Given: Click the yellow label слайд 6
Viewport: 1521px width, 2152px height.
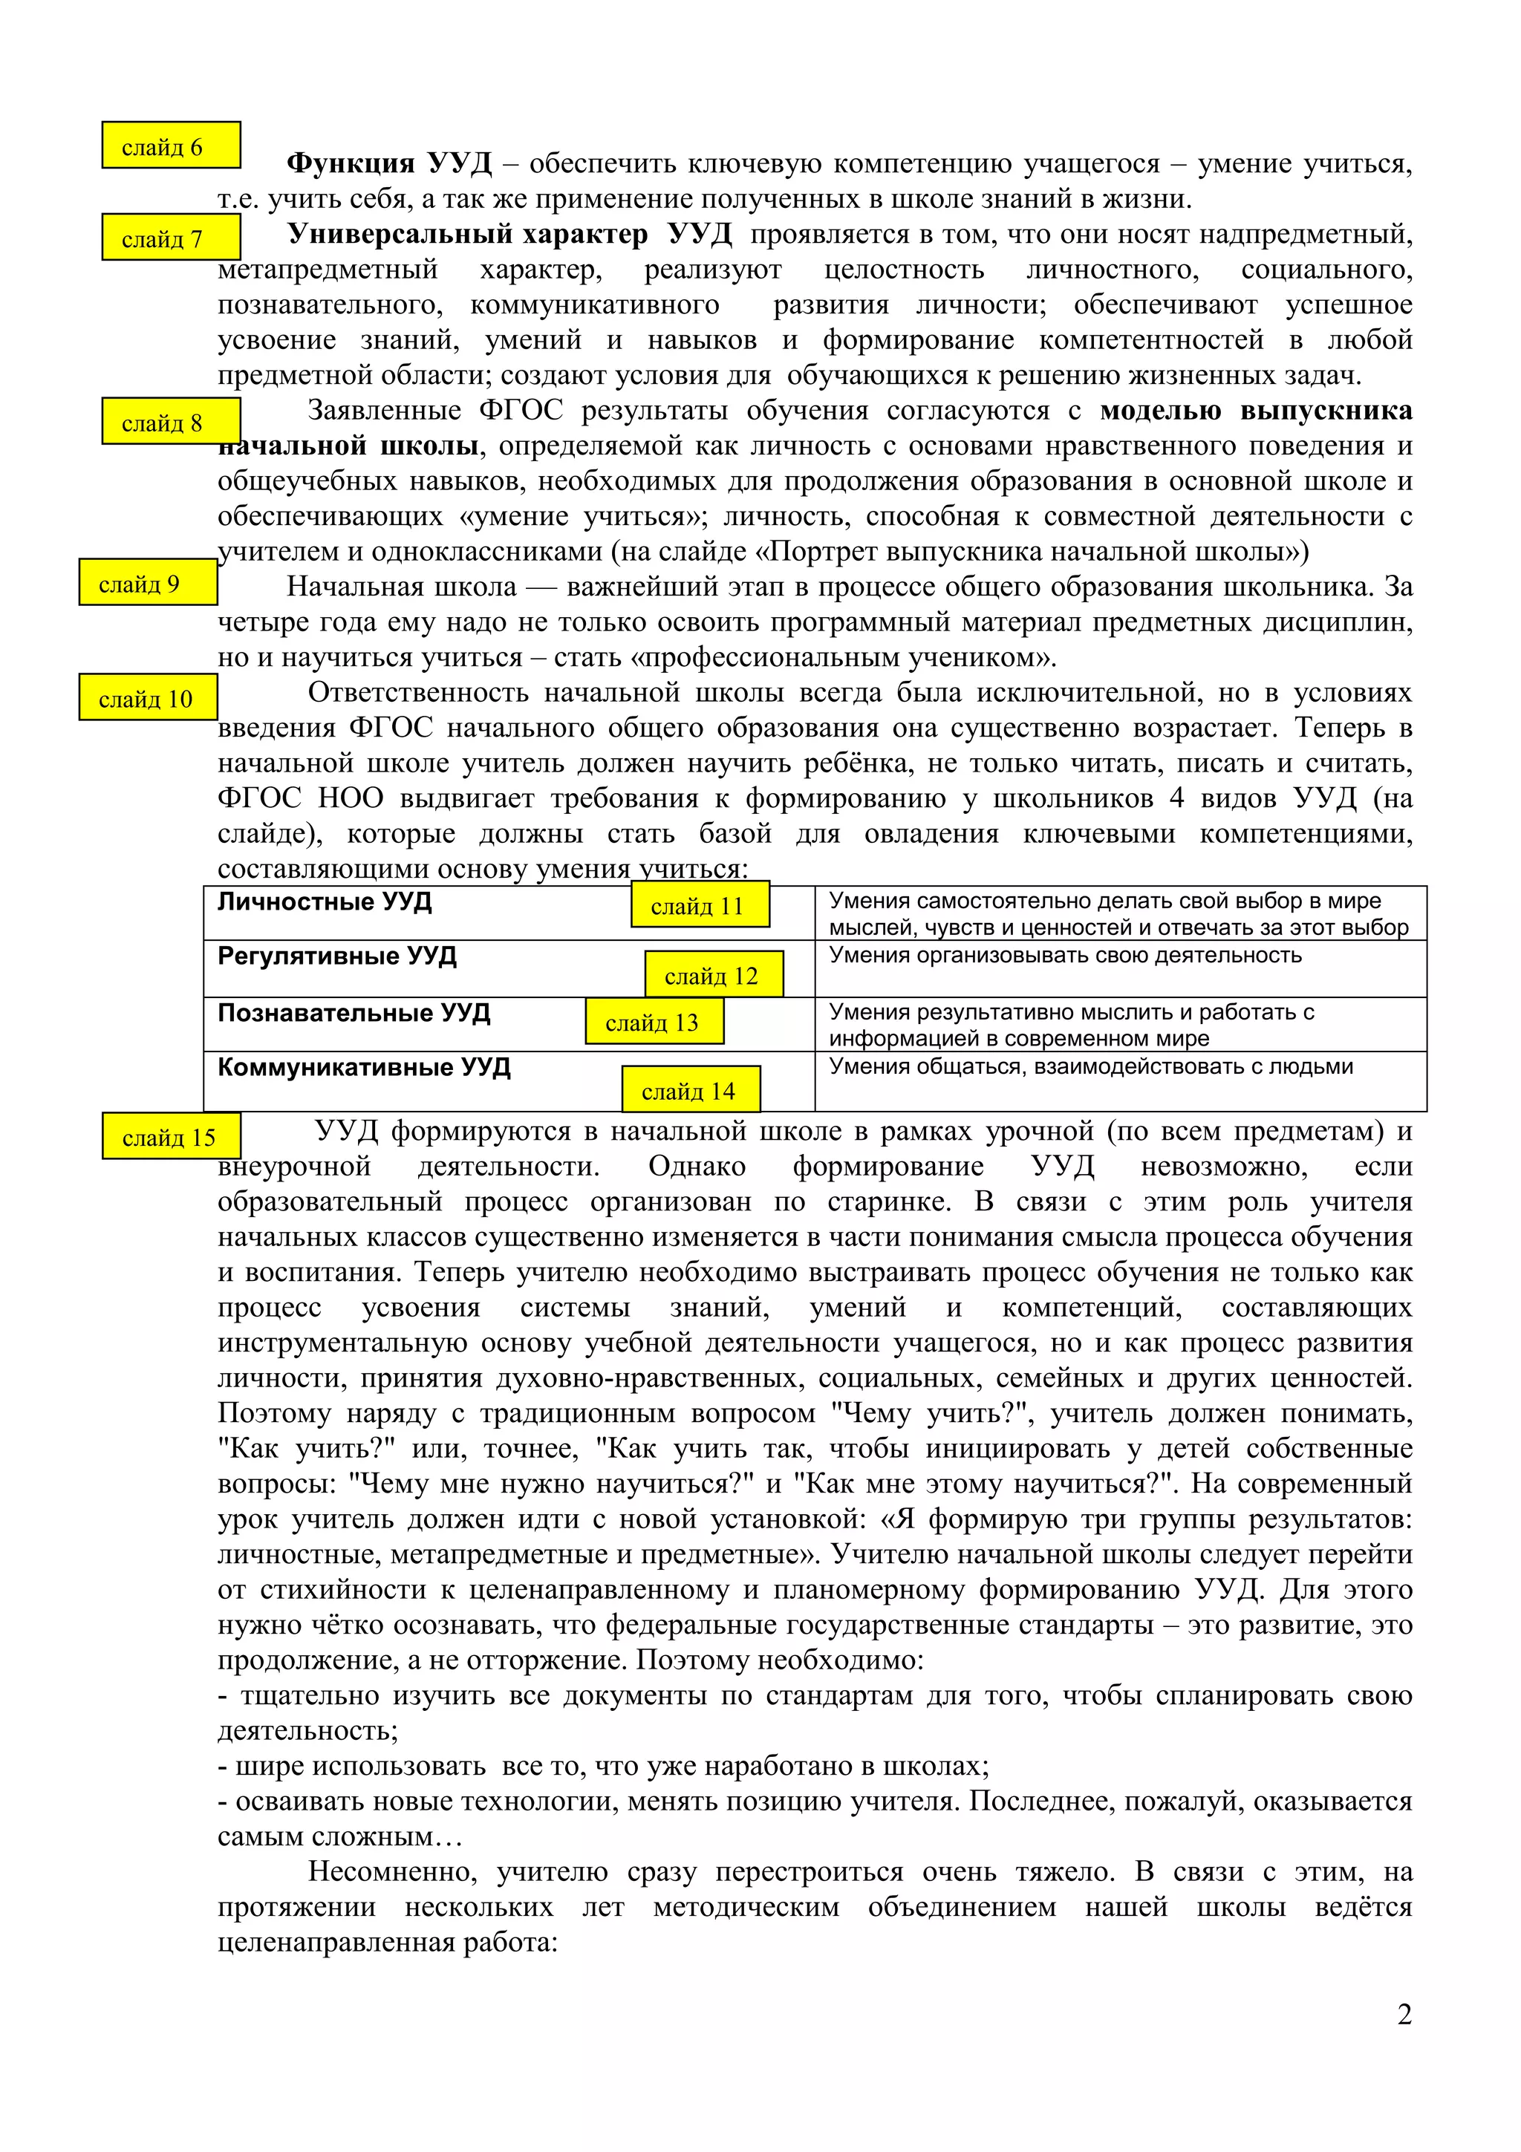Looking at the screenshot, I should point(171,146).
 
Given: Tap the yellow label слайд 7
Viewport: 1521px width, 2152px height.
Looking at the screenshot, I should point(171,238).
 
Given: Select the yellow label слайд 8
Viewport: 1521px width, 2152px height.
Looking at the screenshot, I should point(171,422).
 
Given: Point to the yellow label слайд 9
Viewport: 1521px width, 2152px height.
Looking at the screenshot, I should point(148,583).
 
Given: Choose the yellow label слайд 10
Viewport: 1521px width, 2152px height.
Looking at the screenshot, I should point(148,698).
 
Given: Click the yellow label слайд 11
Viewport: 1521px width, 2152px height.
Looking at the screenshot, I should point(700,905).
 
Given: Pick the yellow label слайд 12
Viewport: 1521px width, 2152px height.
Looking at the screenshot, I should point(714,975).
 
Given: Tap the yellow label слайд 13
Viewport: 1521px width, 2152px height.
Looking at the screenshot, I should point(654,1022).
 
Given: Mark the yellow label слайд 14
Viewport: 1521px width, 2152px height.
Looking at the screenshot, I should point(691,1090).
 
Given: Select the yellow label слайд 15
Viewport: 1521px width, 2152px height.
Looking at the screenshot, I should point(172,1137).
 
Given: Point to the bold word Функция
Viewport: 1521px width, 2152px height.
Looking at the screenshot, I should point(351,164).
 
